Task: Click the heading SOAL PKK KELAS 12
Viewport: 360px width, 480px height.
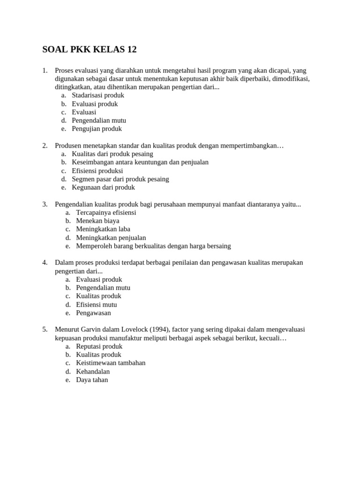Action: [x=89, y=50]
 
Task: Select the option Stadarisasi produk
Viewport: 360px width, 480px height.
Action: [x=97, y=95]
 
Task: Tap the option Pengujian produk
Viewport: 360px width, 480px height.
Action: [x=97, y=128]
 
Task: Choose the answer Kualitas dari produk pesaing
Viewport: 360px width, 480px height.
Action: [x=112, y=154]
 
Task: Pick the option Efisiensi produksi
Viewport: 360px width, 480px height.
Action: [x=97, y=171]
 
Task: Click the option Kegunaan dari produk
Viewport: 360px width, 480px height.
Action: [x=103, y=187]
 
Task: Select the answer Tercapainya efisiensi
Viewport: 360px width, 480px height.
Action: [x=106, y=212]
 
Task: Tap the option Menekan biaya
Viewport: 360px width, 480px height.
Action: [x=97, y=221]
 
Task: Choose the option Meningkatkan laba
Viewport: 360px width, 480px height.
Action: [x=103, y=229]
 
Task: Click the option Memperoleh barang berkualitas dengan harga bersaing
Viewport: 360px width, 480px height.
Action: [x=153, y=246]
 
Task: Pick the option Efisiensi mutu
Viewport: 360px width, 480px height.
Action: [x=97, y=305]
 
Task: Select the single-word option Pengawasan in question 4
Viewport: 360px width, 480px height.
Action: [x=93, y=313]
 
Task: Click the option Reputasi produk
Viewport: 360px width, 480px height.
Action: [x=99, y=346]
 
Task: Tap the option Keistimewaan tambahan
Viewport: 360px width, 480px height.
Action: [x=111, y=363]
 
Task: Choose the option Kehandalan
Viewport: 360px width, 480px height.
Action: [x=93, y=371]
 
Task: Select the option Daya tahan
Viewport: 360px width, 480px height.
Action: [x=92, y=380]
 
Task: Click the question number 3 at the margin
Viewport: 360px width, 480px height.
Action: [x=45, y=204]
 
